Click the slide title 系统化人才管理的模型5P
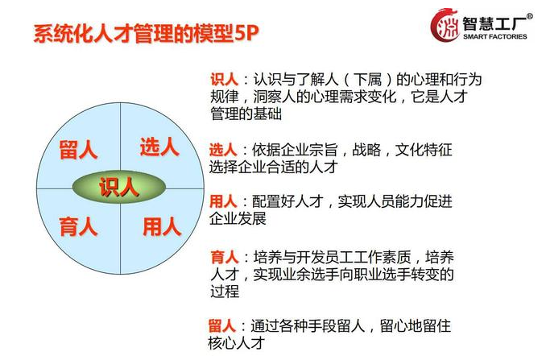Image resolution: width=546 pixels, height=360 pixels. tap(147, 34)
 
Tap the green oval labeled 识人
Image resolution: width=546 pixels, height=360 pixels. tap(119, 187)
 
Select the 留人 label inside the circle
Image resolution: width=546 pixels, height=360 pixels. tap(78, 150)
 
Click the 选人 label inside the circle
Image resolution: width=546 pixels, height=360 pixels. tap(159, 147)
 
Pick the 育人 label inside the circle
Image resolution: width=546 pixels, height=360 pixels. tap(78, 226)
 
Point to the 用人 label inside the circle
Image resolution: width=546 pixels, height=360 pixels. tap(162, 227)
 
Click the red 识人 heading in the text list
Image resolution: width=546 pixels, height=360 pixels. tap(224, 80)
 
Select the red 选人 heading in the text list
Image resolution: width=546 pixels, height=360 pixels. tap(223, 150)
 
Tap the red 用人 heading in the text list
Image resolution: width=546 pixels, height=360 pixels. tap(223, 201)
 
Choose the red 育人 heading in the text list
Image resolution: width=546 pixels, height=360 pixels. tap(225, 257)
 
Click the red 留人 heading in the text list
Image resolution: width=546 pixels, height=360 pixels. tap(222, 326)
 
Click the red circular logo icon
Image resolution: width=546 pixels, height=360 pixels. tap(445, 25)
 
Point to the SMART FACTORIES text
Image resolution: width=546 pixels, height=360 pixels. tap(495, 36)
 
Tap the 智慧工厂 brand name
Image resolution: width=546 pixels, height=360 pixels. tap(494, 23)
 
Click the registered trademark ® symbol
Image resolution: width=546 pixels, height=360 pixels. tap(529, 16)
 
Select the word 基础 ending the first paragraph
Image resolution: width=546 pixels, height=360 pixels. tap(267, 114)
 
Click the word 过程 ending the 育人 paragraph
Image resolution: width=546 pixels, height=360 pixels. tap(225, 292)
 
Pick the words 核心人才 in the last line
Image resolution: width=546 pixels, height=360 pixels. tap(237, 343)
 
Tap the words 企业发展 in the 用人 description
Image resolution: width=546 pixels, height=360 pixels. tap(238, 218)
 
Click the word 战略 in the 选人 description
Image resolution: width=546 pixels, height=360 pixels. tap(366, 150)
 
